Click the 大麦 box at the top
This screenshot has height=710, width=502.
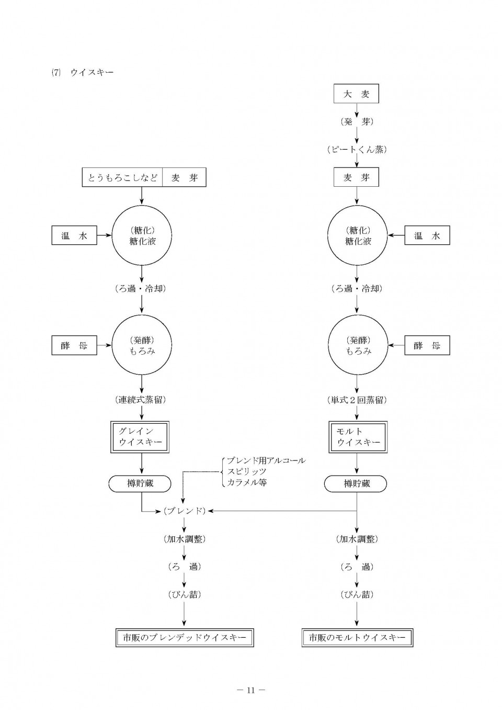click(x=356, y=94)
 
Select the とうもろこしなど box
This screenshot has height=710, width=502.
click(x=122, y=177)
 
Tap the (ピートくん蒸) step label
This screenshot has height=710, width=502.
click(x=357, y=150)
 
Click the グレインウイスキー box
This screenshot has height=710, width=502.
click(x=140, y=437)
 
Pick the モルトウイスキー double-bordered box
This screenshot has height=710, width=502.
click(x=358, y=437)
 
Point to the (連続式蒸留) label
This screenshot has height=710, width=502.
click(x=141, y=400)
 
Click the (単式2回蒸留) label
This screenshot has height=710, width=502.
click(x=357, y=400)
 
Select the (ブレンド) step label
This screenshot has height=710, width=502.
click(x=185, y=511)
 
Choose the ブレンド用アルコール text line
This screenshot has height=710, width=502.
click(x=266, y=460)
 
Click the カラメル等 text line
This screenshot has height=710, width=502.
click(x=247, y=482)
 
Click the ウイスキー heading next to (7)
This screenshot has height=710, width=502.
click(x=92, y=72)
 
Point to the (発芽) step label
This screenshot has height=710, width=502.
click(x=357, y=122)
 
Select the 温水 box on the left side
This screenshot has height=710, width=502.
click(x=74, y=235)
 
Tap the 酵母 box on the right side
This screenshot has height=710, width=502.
click(x=427, y=345)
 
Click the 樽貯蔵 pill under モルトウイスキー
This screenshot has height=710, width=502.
click(x=356, y=483)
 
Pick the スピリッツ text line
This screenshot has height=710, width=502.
click(x=246, y=471)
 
